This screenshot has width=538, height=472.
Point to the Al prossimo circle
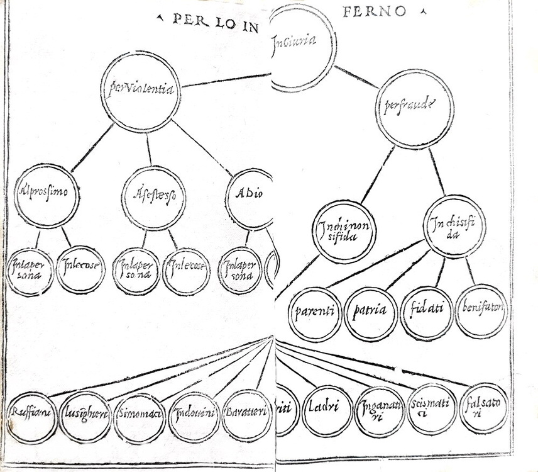(47, 196)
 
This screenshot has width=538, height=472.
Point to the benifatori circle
(481, 310)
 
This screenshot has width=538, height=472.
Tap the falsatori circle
(483, 407)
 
